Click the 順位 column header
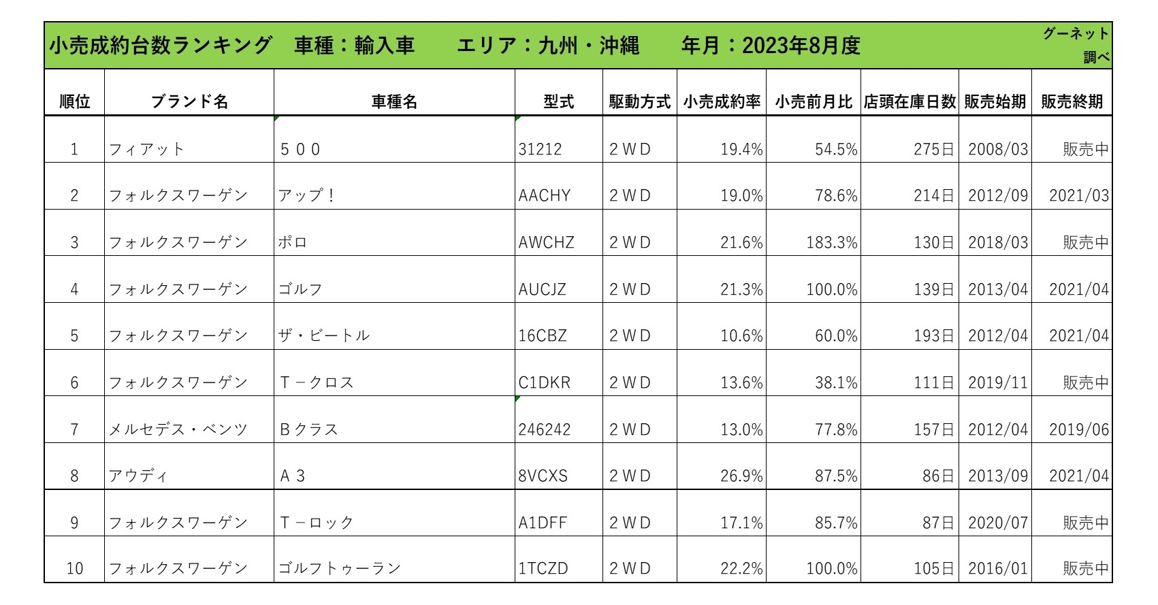point(74,102)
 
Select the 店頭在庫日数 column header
point(910,102)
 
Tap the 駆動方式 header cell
point(639,102)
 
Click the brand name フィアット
point(146,149)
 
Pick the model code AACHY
point(544,196)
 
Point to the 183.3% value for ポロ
point(831,243)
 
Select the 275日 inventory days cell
point(933,149)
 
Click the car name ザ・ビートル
point(323,336)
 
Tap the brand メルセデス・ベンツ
point(178,430)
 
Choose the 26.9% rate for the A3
point(741,476)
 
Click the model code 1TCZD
point(543,568)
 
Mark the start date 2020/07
point(997,523)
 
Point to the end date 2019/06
point(1078,430)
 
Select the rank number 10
point(74,568)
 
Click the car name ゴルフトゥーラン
point(339,568)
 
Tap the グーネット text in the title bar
point(1076,33)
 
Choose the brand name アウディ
point(138,476)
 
